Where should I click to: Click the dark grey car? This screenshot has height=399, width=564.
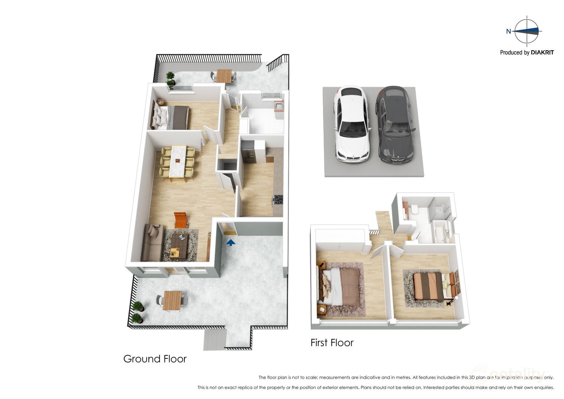click(395, 125)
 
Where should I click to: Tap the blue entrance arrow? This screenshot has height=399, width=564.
click(231, 243)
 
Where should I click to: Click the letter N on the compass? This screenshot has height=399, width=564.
click(508, 32)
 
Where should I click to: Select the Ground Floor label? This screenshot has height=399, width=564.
click(155, 359)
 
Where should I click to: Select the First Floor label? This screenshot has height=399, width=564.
click(332, 342)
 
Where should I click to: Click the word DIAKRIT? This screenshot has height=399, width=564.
click(542, 53)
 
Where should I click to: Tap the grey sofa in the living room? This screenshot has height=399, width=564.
click(152, 242)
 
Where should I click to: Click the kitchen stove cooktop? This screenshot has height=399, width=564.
click(278, 200)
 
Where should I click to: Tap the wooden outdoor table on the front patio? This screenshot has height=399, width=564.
click(172, 300)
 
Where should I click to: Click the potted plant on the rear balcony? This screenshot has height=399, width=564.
click(170, 79)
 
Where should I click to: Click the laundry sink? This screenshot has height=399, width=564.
click(279, 106)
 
